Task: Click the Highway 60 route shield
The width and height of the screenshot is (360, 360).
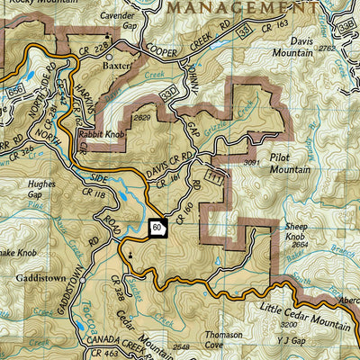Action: coord(157,229)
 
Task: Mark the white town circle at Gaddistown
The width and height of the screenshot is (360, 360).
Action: coord(81,281)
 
